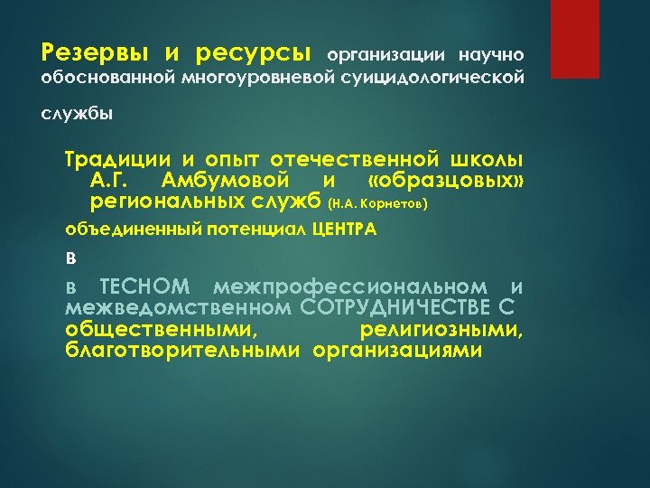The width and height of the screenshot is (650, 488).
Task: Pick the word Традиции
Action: point(109,159)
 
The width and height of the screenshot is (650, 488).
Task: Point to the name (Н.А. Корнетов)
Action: point(379,202)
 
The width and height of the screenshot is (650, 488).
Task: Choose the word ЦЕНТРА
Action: point(344,229)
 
